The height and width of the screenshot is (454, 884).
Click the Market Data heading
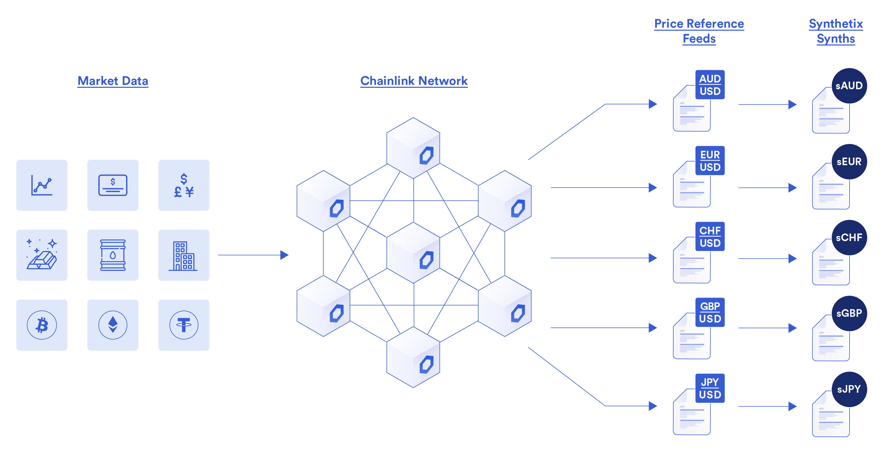coord(113,81)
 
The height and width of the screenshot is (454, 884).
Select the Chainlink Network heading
coord(414,81)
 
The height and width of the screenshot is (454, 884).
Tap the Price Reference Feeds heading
coord(699,31)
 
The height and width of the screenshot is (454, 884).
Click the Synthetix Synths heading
coord(836,31)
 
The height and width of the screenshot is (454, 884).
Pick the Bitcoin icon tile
coord(42,325)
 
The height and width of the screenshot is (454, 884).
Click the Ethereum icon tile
coord(113,325)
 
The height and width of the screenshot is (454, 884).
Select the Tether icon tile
coord(184,325)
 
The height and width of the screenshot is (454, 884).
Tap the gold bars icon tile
coord(42,255)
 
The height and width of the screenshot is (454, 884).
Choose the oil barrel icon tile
coord(113,255)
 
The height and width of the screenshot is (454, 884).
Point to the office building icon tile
coord(184,255)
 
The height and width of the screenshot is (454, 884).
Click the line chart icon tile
coord(42,185)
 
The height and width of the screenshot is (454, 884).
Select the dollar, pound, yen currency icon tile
coord(184,185)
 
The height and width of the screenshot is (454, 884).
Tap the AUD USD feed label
coord(710,85)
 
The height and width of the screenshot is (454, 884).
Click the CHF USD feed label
coord(710,236)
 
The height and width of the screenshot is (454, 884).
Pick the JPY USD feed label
coord(710,388)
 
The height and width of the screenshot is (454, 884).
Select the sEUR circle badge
coord(849,162)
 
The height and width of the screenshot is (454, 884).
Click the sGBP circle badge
coord(849,314)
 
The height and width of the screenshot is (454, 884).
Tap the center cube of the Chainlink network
coord(413,253)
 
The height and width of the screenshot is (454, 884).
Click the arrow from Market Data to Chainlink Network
coord(253,255)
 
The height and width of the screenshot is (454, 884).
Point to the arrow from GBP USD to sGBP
coord(768,328)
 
